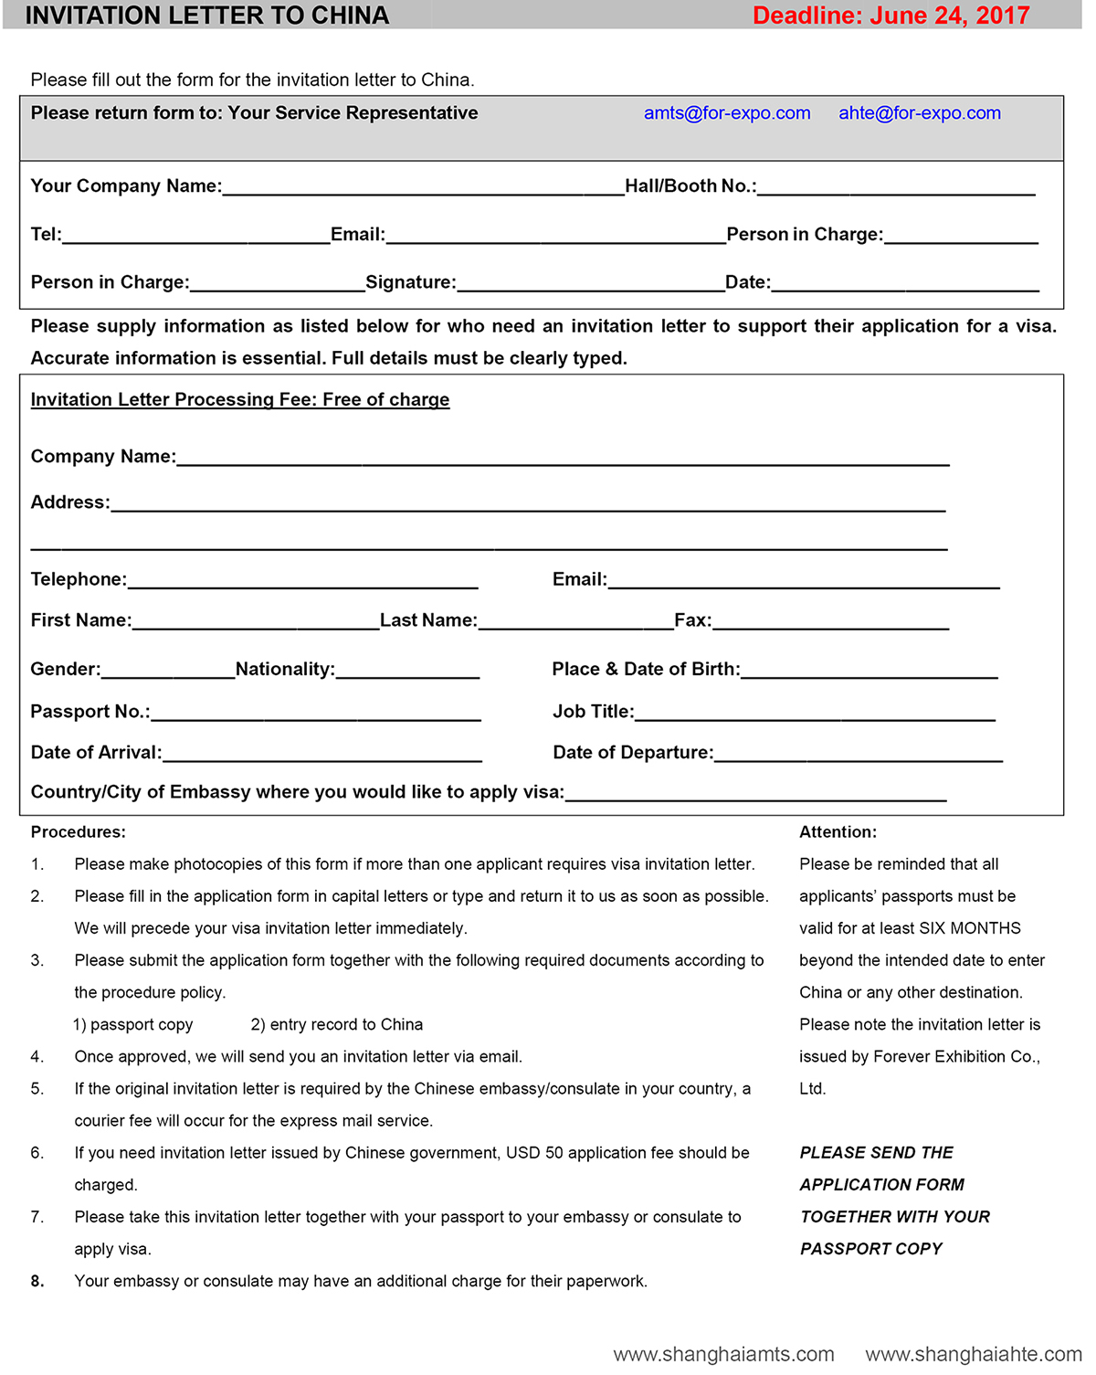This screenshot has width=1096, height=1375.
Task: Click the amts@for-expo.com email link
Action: (x=727, y=113)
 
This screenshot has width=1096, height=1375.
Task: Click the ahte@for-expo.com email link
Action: (x=920, y=113)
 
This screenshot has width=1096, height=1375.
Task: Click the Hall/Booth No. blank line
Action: (x=896, y=188)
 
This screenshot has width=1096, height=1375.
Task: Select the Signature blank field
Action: (x=590, y=284)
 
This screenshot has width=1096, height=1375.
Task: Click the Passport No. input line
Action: (x=316, y=714)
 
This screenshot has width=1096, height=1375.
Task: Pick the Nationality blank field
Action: (x=407, y=672)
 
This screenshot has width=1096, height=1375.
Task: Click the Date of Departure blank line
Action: (x=859, y=755)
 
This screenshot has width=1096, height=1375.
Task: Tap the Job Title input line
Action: (x=815, y=714)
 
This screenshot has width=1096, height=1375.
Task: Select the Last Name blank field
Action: (x=575, y=622)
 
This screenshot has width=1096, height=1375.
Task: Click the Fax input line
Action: (x=830, y=622)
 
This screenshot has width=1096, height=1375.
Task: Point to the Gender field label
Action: (x=65, y=670)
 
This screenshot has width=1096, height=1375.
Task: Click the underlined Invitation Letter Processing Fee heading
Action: (x=240, y=400)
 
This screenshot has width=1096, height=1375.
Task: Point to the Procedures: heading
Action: (x=79, y=832)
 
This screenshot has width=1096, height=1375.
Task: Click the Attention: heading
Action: (x=838, y=832)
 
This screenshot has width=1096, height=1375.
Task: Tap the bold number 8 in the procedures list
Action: (x=37, y=1281)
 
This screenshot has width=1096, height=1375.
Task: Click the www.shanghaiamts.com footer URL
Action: (x=723, y=1354)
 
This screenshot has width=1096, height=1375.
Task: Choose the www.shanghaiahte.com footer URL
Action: (x=974, y=1354)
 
